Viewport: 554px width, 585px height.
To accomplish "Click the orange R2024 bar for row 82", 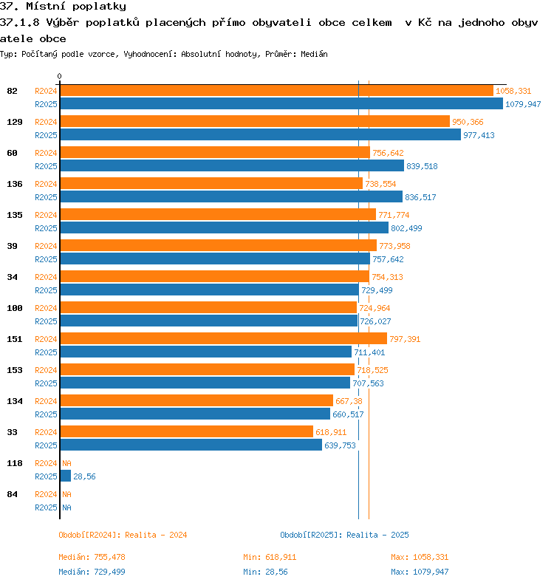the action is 276,91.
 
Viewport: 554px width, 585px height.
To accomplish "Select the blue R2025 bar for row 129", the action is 261,134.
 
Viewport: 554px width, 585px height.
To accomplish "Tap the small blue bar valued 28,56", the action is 65,476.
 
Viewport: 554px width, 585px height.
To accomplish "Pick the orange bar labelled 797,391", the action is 224,339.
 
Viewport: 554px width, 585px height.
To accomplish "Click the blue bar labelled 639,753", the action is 191,445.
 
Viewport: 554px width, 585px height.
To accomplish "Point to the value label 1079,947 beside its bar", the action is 523,104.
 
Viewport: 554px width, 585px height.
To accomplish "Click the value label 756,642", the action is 388,153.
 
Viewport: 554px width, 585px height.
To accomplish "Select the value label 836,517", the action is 420,197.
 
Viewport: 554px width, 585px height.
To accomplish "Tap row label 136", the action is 15,184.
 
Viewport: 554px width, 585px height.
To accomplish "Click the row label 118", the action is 15,463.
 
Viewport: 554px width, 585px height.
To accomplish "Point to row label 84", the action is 12,494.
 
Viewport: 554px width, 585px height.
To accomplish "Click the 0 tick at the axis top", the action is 59,76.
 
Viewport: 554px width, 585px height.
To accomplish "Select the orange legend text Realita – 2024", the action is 156,535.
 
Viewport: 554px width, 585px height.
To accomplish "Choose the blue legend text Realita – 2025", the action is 377,535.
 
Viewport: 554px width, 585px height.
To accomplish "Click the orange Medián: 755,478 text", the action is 92,557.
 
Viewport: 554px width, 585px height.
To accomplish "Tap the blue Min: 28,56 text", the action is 265,572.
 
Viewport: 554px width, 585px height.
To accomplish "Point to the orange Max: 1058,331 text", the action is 420,557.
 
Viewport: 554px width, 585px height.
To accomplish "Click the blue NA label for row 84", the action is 66,507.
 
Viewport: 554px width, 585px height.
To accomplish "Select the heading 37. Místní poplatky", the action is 63,7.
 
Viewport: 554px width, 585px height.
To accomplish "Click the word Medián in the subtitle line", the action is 314,54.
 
